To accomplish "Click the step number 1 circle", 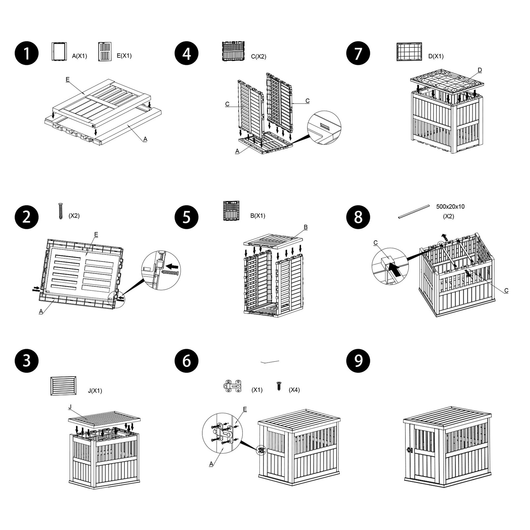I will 26,53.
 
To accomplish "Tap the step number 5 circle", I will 186,217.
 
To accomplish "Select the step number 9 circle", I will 358,361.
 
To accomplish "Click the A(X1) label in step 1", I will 79,56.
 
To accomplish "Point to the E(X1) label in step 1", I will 124,56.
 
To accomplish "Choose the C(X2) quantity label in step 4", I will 258,56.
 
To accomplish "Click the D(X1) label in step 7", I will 436,56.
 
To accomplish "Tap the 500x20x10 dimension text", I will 450,207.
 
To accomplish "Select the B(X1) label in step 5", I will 257,216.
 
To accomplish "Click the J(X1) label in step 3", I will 95,391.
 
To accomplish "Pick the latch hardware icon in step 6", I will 233,386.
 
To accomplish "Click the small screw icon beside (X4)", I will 279,386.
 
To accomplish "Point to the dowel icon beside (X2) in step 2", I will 60,211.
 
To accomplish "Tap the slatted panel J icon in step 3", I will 63,386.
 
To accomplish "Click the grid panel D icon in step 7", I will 409,52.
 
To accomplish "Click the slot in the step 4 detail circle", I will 325,127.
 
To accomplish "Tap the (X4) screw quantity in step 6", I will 294,390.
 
